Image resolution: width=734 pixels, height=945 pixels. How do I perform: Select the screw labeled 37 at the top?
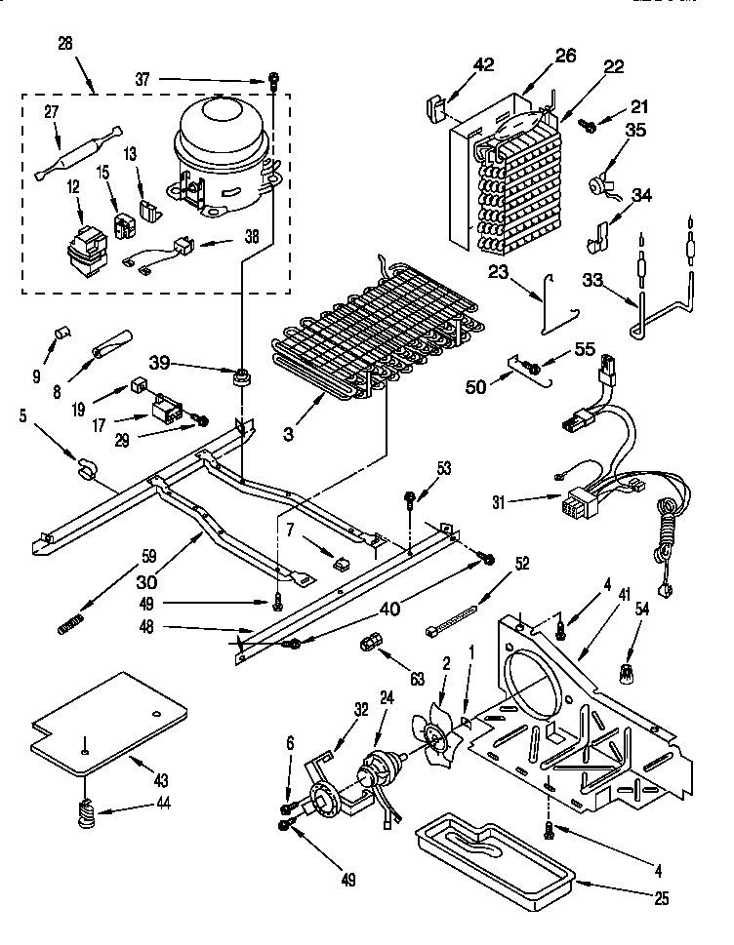click(273, 82)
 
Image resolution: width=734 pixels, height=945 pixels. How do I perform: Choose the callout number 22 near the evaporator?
click(614, 65)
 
